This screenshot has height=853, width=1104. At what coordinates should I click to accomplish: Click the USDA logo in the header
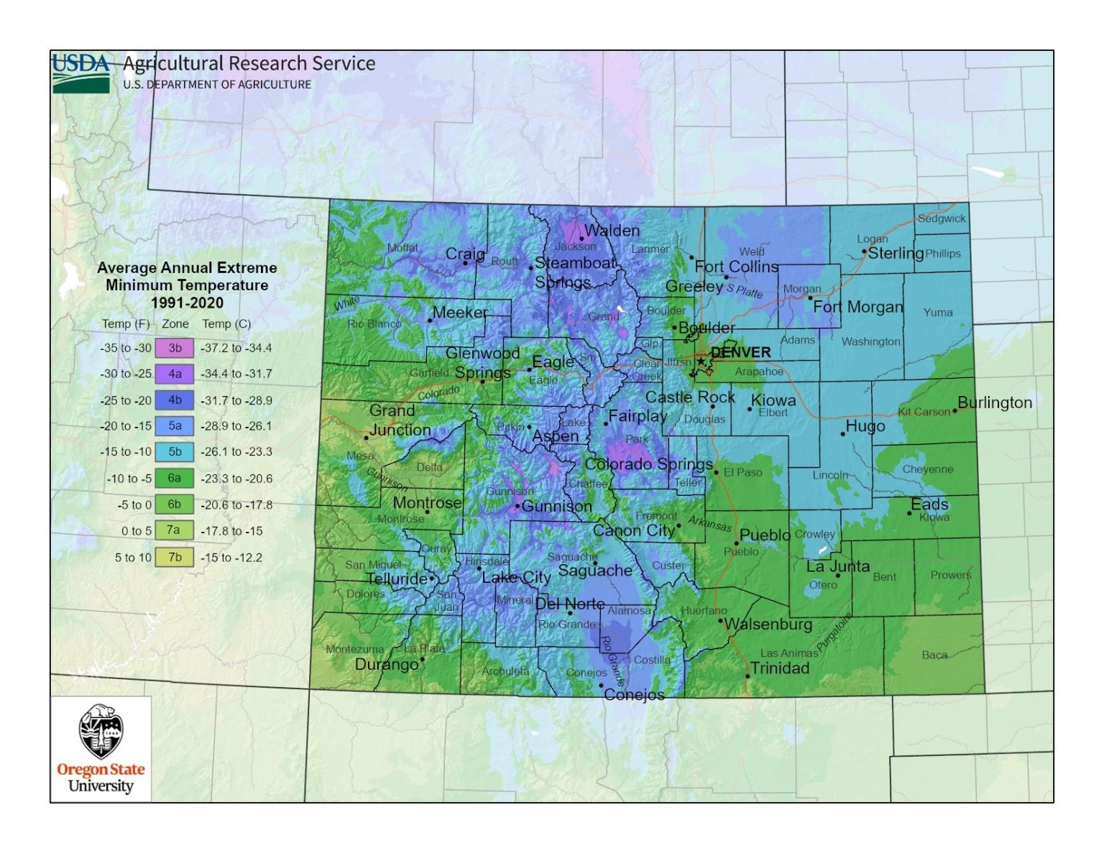(80, 73)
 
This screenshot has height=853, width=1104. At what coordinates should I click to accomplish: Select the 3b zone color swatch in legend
(175, 348)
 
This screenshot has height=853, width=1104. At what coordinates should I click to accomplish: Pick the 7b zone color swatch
(175, 558)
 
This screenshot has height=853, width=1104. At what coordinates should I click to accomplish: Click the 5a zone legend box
(175, 426)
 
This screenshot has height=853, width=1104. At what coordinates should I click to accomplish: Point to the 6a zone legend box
(175, 479)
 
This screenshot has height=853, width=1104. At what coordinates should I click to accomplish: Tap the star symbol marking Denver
(701, 361)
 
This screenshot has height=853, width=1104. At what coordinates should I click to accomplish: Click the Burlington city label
(995, 402)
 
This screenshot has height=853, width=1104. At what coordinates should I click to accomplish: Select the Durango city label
(386, 665)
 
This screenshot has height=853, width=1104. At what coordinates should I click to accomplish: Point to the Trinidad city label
(780, 668)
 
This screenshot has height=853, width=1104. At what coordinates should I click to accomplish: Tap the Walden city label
(612, 231)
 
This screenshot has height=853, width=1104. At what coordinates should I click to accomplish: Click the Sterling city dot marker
(865, 252)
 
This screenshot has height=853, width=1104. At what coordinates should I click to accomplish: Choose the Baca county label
(934, 655)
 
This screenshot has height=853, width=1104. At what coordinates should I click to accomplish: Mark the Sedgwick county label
(942, 218)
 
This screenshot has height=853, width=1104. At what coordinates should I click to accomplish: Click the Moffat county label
(402, 248)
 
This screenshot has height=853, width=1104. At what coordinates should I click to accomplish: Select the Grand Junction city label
(400, 420)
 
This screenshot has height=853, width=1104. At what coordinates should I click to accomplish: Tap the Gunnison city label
(556, 507)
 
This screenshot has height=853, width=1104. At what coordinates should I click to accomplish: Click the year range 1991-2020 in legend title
(187, 303)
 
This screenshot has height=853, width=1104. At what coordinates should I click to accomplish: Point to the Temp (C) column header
(226, 324)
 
